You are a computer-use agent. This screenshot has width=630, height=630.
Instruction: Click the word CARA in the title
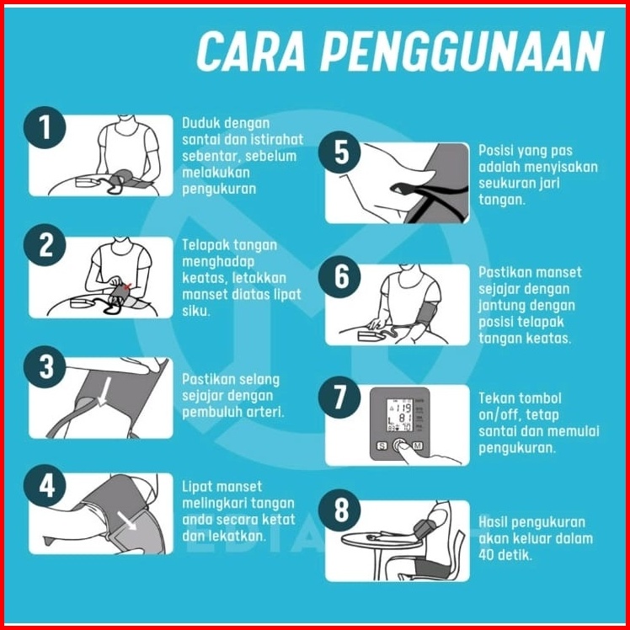pyautogui.click(x=252, y=51)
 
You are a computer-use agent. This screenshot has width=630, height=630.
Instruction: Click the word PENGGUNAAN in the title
pyautogui.click(x=462, y=51)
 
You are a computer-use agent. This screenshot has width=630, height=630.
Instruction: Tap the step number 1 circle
pyautogui.click(x=45, y=127)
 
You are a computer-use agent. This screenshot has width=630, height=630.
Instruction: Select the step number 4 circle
pyautogui.click(x=45, y=485)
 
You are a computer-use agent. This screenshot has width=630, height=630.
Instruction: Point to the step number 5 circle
pyautogui.click(x=339, y=152)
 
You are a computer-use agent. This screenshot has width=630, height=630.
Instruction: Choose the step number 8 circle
pyautogui.click(x=339, y=510)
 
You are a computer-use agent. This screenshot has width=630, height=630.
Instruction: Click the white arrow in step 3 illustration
pyautogui.click(x=104, y=391)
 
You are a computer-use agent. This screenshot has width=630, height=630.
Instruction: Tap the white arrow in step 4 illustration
pyautogui.click(x=127, y=521)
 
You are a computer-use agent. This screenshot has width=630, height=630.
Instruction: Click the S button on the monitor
pyautogui.click(x=382, y=446)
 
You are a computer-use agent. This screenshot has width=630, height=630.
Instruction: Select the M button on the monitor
pyautogui.click(x=418, y=446)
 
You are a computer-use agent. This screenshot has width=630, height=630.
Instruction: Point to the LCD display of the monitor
pyautogui.click(x=400, y=415)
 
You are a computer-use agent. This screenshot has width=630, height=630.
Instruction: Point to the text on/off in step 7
pyautogui.click(x=499, y=414)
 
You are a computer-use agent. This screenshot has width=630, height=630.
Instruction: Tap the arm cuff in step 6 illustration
pyautogui.click(x=429, y=313)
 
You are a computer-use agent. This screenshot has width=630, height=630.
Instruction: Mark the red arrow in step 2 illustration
pyautogui.click(x=128, y=286)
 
